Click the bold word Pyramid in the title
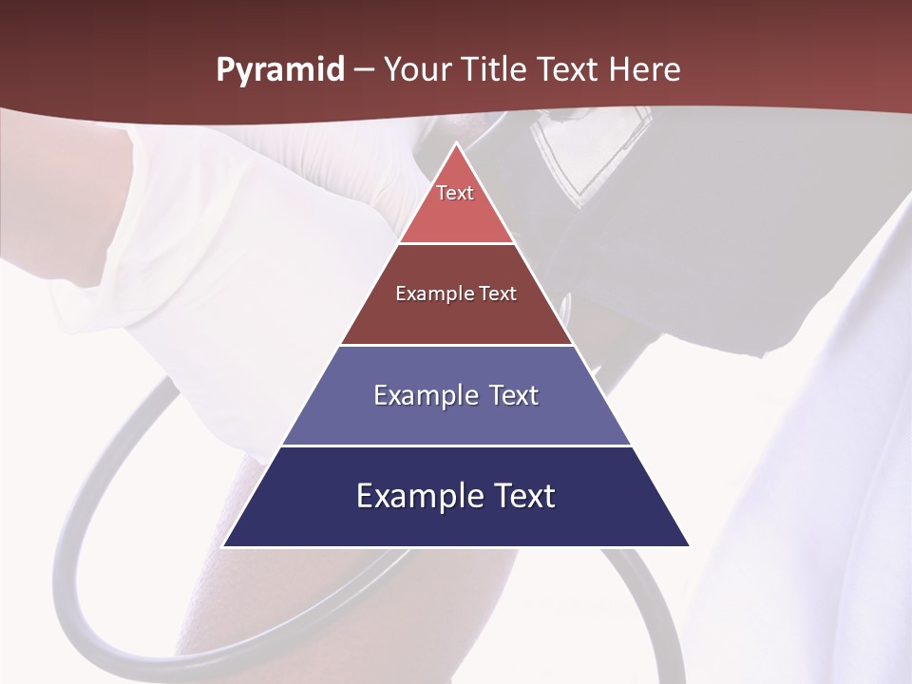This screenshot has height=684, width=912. [279, 70]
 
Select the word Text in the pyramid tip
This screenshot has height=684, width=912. [455, 193]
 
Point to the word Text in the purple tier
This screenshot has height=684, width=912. [513, 395]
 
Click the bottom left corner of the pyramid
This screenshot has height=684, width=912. [224, 546]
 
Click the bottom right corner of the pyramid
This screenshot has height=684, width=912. [689, 546]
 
